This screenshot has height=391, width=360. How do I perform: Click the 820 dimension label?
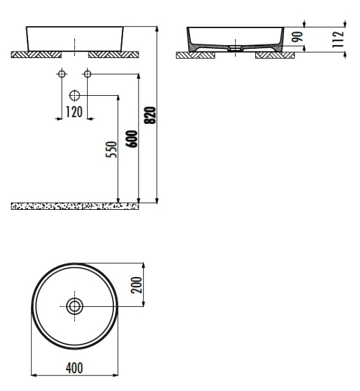(150, 115)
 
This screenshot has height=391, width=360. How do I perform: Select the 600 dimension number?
(132, 139)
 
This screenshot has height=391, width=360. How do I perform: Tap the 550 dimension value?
(111, 150)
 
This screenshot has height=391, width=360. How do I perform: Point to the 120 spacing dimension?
(74, 112)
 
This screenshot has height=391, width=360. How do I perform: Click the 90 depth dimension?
(298, 37)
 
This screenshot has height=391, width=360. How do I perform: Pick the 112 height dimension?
(338, 39)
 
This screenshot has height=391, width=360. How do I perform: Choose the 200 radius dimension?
(137, 285)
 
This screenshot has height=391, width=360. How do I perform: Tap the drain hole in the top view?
(74, 306)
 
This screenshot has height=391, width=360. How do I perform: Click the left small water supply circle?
(62, 74)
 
